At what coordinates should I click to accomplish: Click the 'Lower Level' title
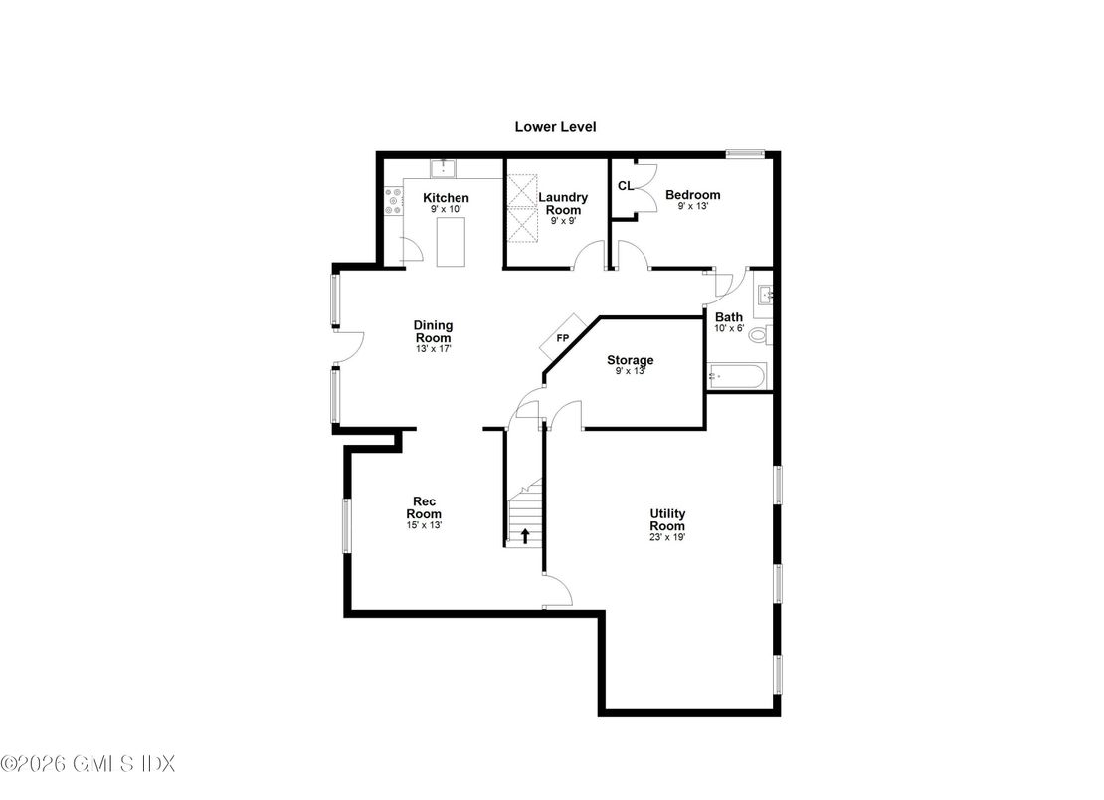tap(555, 126)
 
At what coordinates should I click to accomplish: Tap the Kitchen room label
tap(446, 198)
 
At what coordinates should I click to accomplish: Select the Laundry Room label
tap(563, 203)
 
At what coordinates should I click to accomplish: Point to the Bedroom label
tap(692, 195)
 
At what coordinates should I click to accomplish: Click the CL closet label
tap(626, 185)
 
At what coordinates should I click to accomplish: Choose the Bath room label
tap(729, 317)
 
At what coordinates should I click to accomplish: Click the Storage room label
tap(631, 360)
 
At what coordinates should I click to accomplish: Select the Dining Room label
tap(434, 331)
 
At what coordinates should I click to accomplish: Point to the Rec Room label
tap(427, 507)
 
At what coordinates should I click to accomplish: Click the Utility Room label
tap(667, 519)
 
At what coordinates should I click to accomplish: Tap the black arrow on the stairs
tap(525, 536)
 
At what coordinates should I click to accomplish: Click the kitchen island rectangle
tap(453, 246)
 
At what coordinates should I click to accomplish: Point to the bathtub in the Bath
tap(736, 377)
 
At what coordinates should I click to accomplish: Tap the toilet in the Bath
tap(759, 335)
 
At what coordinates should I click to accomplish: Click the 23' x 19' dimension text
tap(667, 537)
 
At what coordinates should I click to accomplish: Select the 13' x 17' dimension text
tap(434, 349)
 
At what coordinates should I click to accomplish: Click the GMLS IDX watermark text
tap(88, 764)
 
